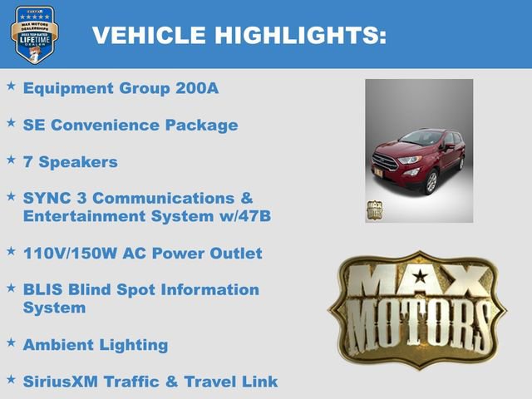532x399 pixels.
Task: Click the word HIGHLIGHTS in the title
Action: [300, 35]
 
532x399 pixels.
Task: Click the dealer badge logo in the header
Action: [34, 34]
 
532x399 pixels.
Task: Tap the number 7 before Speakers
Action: [28, 162]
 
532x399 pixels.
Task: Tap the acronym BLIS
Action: [43, 289]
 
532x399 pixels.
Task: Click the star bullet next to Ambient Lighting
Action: [11, 342]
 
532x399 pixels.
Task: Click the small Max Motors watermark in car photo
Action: [374, 208]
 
